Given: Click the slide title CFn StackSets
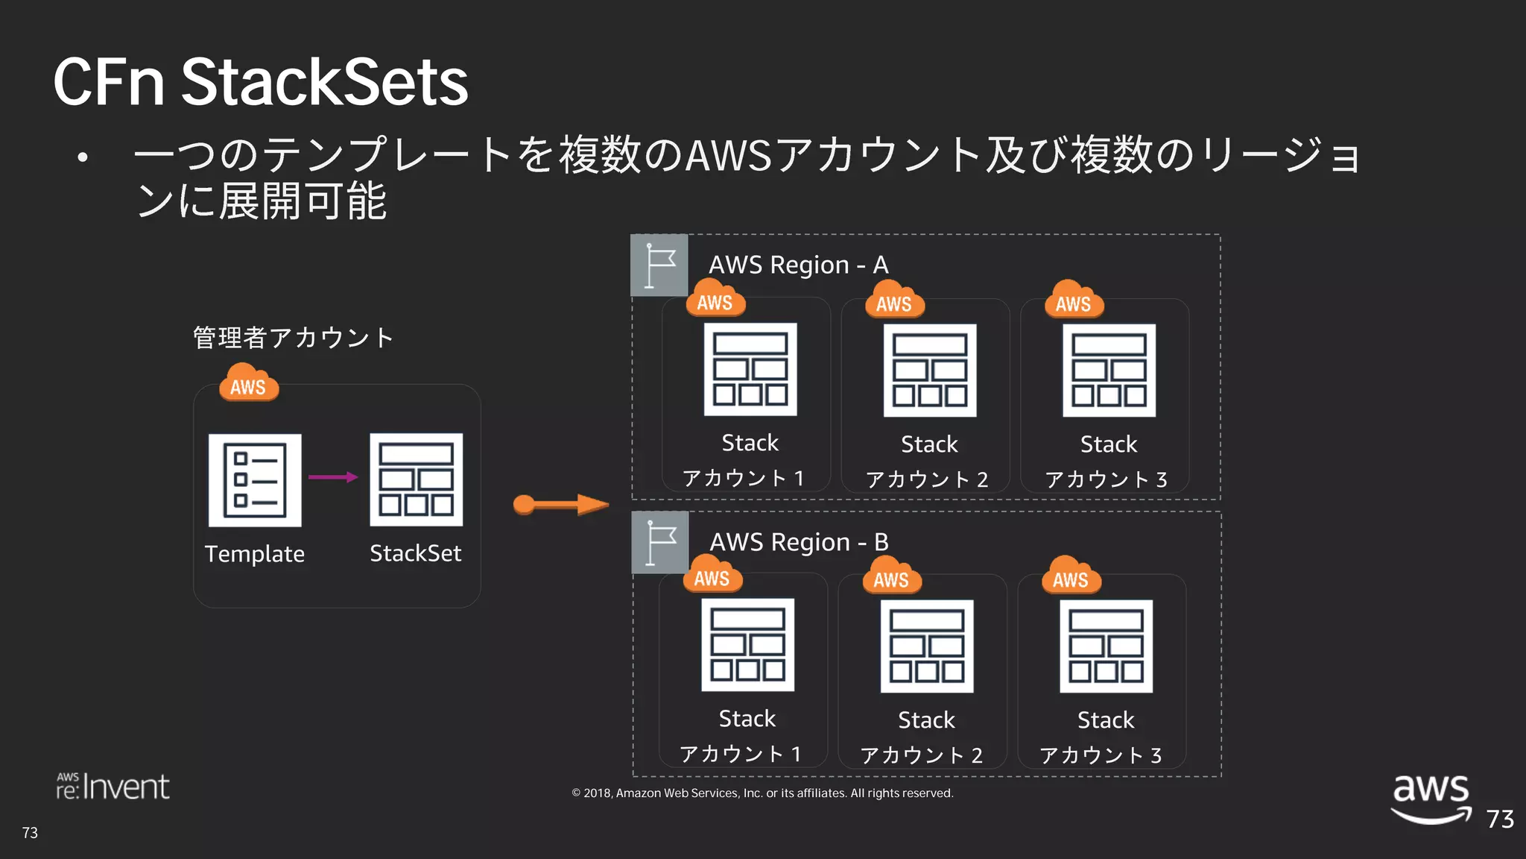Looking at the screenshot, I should click(261, 82).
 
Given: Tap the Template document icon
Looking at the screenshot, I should click(255, 480).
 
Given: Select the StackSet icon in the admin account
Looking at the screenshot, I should click(416, 479).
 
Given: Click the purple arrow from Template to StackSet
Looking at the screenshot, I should click(332, 477).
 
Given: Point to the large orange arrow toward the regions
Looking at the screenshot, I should click(560, 505).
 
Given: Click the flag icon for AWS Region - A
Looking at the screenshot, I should click(659, 265).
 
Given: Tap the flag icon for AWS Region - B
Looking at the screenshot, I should click(660, 542).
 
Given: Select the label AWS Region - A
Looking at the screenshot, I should click(798, 265).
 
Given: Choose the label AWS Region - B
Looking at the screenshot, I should click(799, 542).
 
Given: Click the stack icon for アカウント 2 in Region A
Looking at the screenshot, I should click(929, 371).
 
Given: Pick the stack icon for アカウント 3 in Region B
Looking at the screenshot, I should click(1106, 646).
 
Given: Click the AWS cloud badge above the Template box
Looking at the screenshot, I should click(249, 383).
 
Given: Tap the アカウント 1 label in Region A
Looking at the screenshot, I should click(743, 478).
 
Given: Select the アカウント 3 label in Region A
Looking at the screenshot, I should click(1106, 479).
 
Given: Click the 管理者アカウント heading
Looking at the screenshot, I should click(293, 338).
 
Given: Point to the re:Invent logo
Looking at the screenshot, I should click(113, 787).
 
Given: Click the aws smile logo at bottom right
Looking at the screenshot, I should click(1431, 798).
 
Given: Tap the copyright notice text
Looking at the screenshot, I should click(762, 793).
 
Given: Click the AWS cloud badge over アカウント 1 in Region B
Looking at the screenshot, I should click(712, 575).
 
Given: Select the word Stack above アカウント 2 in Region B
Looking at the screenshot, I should click(926, 720).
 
